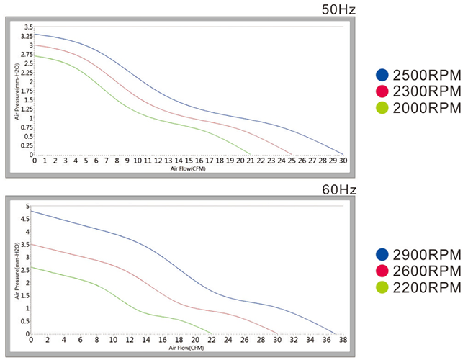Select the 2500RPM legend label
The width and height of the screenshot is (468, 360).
tap(426, 73)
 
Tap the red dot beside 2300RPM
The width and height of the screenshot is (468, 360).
tap(382, 91)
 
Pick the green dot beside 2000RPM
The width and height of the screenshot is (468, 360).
tap(382, 108)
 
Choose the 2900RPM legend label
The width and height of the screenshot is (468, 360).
tap(426, 254)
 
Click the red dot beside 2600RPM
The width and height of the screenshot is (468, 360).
tap(382, 271)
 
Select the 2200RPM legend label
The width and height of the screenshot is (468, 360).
tap(426, 288)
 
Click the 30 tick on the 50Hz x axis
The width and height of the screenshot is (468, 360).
tap(343, 161)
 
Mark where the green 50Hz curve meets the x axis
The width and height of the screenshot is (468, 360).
tap(251, 154)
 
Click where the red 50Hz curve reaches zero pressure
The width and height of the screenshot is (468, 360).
tap(292, 154)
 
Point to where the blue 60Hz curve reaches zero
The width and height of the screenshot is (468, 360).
tap(336, 333)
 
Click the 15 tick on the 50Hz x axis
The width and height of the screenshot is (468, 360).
tap(189, 161)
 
